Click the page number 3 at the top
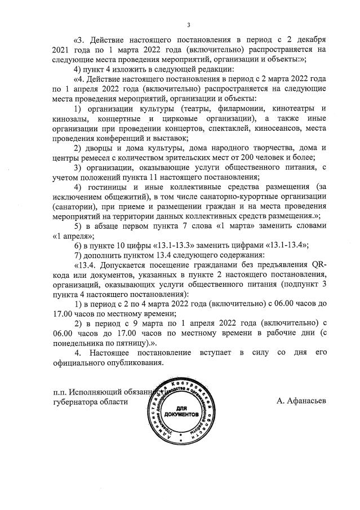point(189,24)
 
